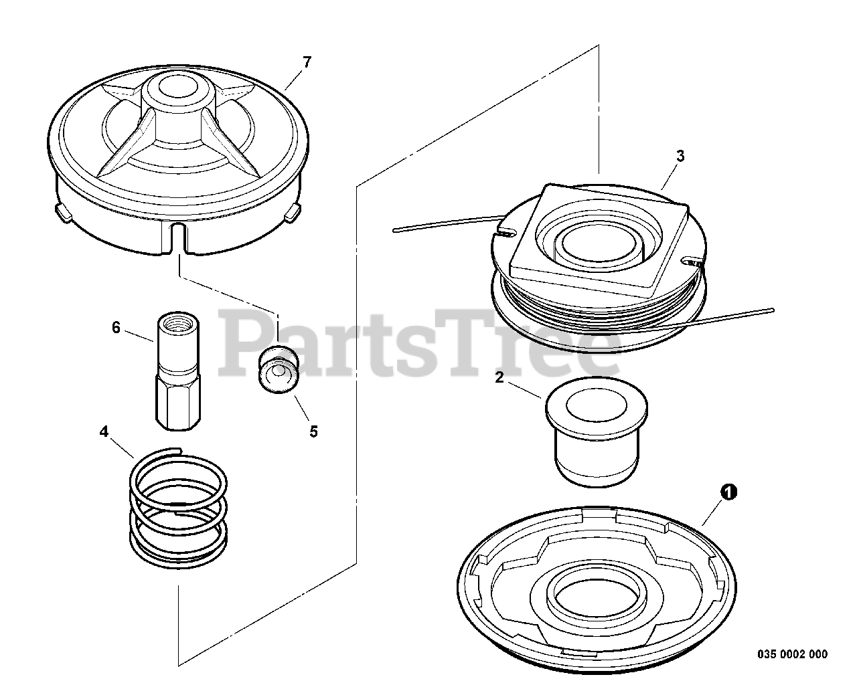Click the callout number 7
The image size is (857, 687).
click(x=307, y=62)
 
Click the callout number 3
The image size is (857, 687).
click(x=680, y=156)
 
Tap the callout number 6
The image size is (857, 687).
click(x=116, y=328)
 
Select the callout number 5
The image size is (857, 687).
click(x=314, y=432)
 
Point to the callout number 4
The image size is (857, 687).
click(x=104, y=431)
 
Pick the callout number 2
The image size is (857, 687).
click(x=499, y=377)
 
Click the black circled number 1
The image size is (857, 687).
click(x=728, y=492)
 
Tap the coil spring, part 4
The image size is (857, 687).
click(x=178, y=508)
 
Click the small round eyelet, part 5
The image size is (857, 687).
click(x=279, y=370)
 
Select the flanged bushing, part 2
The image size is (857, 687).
click(x=596, y=432)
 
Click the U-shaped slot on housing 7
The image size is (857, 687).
click(x=179, y=237)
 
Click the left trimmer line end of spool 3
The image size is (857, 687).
click(x=394, y=229)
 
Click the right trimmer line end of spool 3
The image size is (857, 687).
click(x=772, y=310)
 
